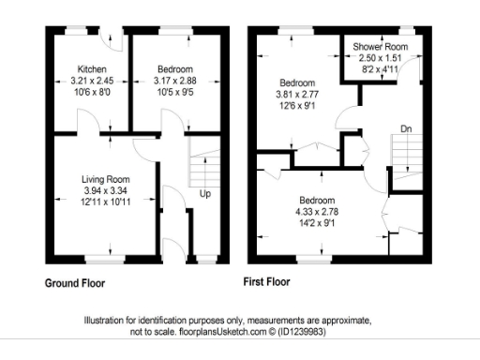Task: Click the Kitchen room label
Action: click(92, 70)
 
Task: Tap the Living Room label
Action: click(105, 179)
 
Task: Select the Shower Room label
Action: click(379, 47)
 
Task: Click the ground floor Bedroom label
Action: click(175, 70)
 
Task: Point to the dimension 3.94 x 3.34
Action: click(105, 190)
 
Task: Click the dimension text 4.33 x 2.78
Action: click(315, 212)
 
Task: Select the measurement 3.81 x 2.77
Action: click(299, 94)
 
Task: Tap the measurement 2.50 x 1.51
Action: click(379, 57)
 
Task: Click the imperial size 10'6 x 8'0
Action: click(92, 92)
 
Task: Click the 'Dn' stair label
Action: click(405, 128)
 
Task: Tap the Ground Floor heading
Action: click(75, 282)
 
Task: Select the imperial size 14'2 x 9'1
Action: click(315, 223)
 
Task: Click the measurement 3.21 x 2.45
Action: click(92, 81)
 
